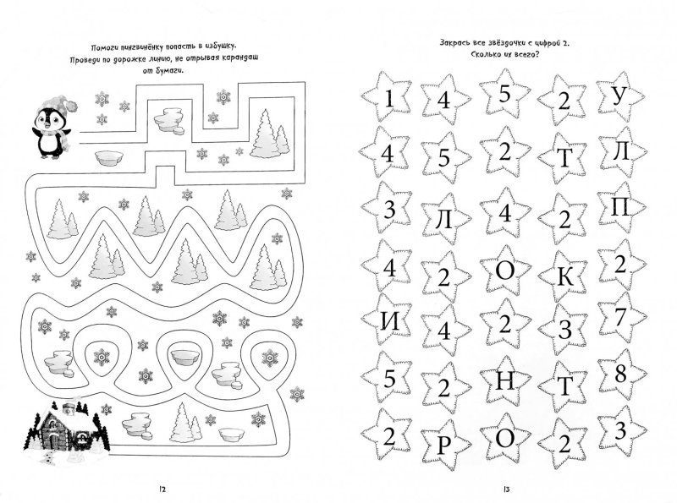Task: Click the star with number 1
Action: coord(387,97)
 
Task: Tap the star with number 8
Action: coord(621,374)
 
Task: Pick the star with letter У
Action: coord(621,97)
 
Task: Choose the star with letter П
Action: coord(621,209)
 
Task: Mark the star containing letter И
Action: coord(387,320)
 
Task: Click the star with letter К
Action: coord(564,276)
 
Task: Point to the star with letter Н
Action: coord(505,380)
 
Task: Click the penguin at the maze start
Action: coord(51,128)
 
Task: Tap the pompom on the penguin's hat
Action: coord(71,105)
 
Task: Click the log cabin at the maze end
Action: coord(65,428)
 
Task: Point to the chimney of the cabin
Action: coord(69,407)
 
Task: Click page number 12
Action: coord(162,489)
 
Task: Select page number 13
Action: coord(506,489)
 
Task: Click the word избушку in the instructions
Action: coord(221,46)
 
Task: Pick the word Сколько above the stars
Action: coord(483,55)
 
